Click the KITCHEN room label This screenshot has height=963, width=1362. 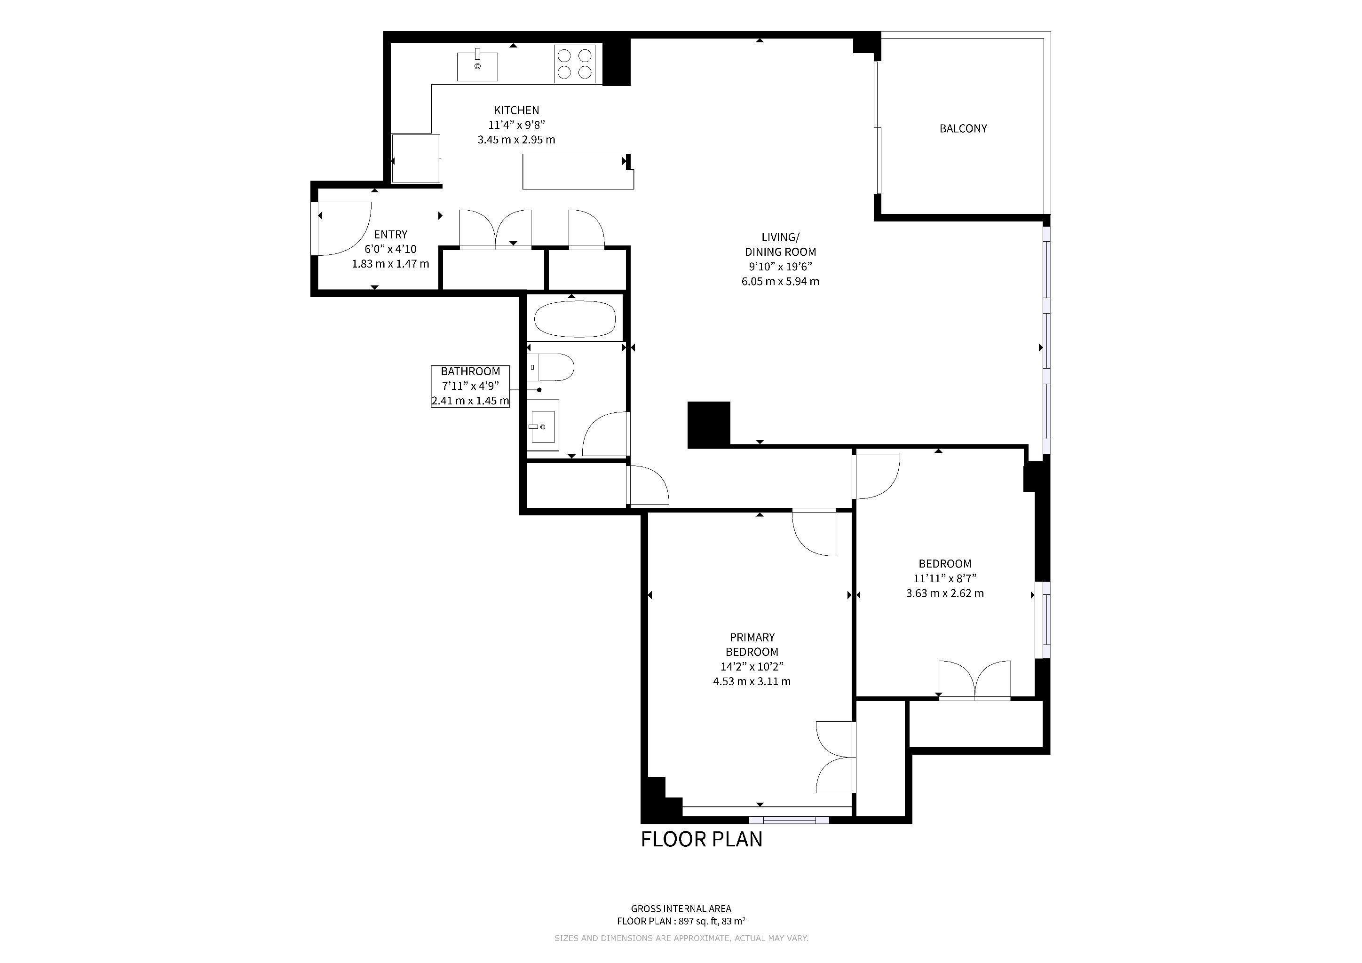(516, 111)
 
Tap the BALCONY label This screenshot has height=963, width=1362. (963, 128)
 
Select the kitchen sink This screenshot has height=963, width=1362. (477, 66)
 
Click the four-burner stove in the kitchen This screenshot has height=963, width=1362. (575, 64)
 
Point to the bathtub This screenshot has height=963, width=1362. (574, 319)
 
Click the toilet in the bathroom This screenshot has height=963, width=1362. (550, 367)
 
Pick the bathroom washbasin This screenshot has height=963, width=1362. (543, 425)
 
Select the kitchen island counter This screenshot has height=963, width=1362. (578, 171)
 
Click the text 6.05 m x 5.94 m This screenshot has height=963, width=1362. (780, 282)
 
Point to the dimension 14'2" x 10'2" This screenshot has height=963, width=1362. (752, 666)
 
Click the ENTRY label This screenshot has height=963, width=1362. (390, 234)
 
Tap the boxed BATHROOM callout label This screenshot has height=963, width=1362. (470, 386)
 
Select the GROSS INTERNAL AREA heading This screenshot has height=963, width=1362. (681, 908)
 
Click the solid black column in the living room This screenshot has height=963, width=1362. (709, 424)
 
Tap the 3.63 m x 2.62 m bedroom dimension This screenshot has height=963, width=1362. (944, 593)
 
